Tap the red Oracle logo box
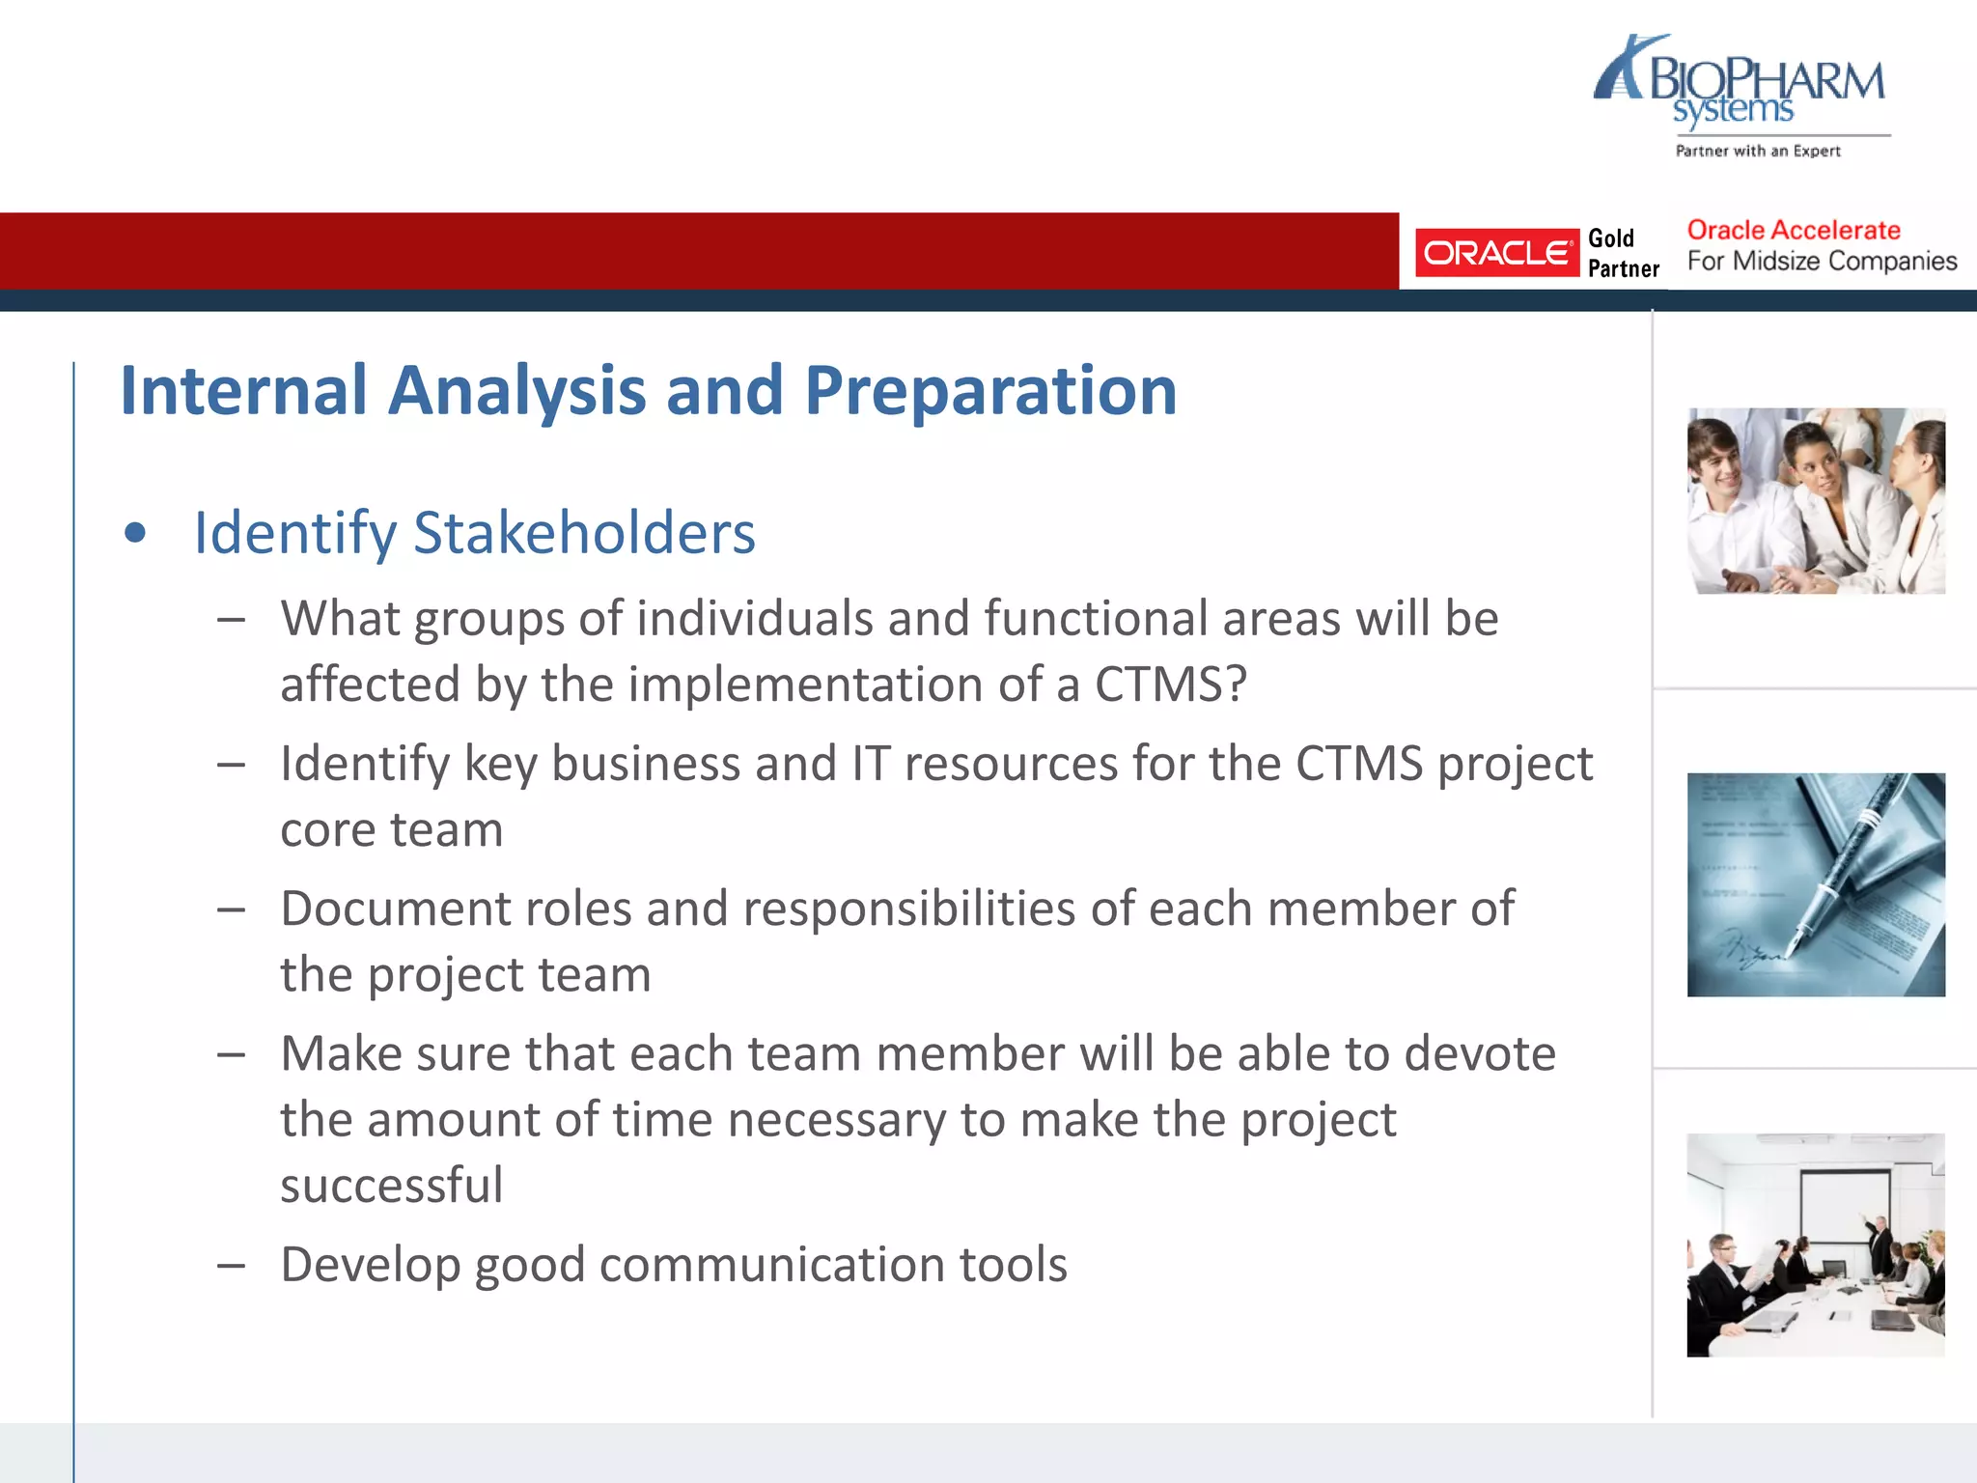pos(1496,253)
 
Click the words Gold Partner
pos(1623,253)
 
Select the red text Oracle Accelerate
pos(1793,230)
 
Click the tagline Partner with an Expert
pos(1757,151)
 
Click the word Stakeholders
pos(584,533)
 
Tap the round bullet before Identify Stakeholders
pos(135,533)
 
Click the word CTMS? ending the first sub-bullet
pos(1170,685)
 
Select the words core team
pos(391,829)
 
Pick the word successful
pos(391,1185)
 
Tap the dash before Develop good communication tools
pos(231,1265)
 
